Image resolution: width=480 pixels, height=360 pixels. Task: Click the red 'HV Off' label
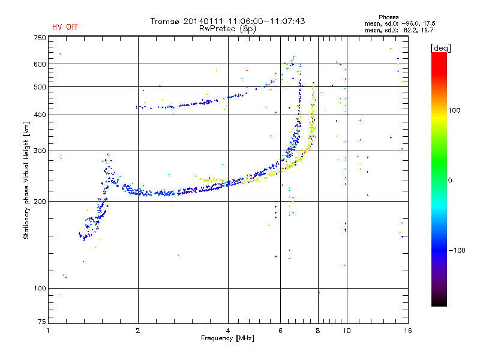pos(65,27)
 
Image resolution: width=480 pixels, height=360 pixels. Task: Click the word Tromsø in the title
pos(164,22)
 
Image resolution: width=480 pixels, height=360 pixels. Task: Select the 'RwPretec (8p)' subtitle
pos(227,29)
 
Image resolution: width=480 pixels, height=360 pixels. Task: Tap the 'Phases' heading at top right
pos(388,17)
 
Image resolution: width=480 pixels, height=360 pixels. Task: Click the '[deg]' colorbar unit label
pos(440,49)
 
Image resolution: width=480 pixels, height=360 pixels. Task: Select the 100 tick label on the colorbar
pos(454,110)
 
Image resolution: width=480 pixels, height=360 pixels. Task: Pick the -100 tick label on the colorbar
pos(457,250)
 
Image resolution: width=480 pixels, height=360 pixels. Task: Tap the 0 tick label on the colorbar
pos(450,181)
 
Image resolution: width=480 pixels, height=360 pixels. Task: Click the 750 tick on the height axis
pos(40,38)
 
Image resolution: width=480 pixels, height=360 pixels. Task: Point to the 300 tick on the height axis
pos(40,151)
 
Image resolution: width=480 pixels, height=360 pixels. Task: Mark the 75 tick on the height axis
pos(41,322)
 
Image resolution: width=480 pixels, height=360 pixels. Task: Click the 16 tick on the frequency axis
pos(408,331)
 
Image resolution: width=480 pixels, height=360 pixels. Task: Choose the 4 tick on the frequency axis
pos(228,331)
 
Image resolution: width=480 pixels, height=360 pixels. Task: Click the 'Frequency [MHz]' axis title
pos(227,338)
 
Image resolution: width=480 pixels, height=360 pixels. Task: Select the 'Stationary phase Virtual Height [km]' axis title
pos(26,180)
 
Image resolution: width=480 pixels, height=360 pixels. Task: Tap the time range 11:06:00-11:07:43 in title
pos(266,22)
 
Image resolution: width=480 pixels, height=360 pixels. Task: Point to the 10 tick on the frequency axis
pos(347,331)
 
